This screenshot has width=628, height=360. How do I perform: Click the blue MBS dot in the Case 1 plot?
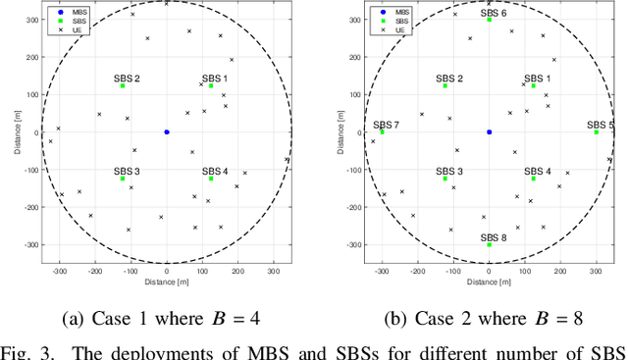tap(167, 131)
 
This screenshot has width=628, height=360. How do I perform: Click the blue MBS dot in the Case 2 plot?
tap(489, 131)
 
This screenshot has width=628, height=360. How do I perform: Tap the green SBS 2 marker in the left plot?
tap(123, 86)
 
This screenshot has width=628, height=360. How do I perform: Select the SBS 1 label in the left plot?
tap(214, 77)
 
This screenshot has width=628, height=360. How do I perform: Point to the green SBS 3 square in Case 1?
tap(123, 179)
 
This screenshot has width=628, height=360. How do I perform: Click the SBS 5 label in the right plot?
tap(601, 125)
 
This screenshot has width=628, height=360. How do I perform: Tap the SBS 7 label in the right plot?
tap(386, 125)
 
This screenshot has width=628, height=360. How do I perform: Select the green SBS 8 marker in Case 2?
tap(489, 244)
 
